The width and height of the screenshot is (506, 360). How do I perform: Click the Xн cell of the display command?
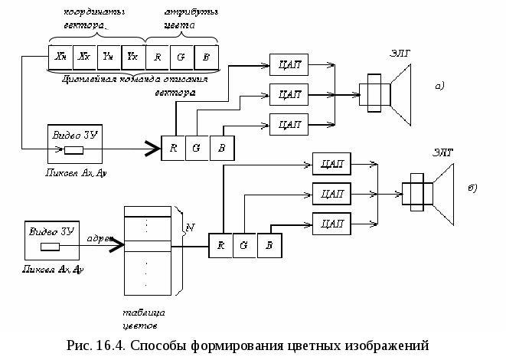[60, 57]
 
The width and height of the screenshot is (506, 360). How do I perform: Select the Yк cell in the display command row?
[132, 57]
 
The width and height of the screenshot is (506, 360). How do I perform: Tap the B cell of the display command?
[206, 57]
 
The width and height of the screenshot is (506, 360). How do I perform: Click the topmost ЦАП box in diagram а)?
[289, 66]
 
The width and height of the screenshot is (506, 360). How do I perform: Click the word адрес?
[100, 238]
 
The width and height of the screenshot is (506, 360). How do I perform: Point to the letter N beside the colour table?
[191, 227]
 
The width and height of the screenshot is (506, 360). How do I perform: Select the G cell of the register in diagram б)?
[243, 245]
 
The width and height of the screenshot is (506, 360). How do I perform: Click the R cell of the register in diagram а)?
[173, 148]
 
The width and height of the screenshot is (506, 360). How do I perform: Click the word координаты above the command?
[96, 13]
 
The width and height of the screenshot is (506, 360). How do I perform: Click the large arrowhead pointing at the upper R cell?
[151, 148]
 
